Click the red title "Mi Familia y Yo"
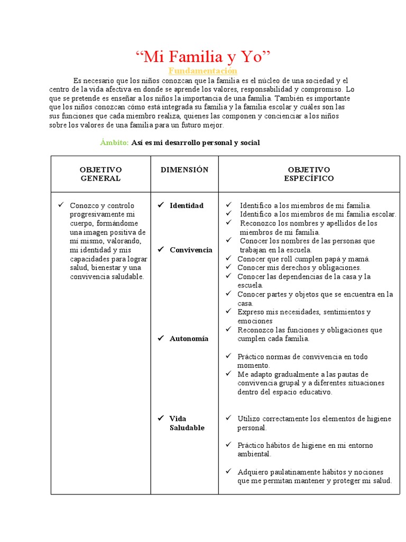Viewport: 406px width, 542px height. click(203, 56)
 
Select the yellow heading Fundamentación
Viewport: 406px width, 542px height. click(203, 71)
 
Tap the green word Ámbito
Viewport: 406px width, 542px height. click(114, 143)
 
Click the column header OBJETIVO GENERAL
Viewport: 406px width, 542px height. click(100, 174)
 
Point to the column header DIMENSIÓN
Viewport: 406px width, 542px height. click(184, 170)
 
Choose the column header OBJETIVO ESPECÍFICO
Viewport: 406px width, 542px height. click(309, 174)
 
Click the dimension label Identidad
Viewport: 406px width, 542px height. click(186, 205)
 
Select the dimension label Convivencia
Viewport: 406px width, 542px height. click(191, 250)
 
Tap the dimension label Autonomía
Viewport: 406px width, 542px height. click(189, 339)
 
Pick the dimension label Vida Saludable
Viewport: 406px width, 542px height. click(186, 423)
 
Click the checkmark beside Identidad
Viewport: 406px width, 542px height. click(161, 205)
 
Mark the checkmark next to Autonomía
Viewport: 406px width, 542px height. click(161, 339)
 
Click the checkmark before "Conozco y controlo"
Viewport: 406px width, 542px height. click(61, 205)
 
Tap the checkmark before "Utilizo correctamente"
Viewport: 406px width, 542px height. click(228, 419)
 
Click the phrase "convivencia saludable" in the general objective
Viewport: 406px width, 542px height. click(107, 277)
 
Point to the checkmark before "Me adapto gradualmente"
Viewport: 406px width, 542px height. click(228, 374)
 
